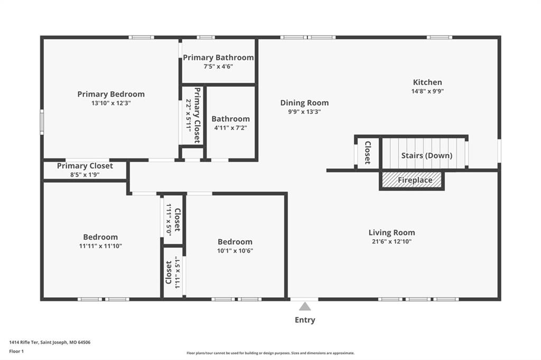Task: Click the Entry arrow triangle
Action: pyautogui.click(x=305, y=306)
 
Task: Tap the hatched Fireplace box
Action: pyautogui.click(x=412, y=180)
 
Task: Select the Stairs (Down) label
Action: pyautogui.click(x=427, y=156)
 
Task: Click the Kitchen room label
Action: pyautogui.click(x=427, y=82)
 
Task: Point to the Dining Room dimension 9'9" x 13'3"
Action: pyautogui.click(x=305, y=112)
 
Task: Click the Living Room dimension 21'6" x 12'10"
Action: pyautogui.click(x=391, y=241)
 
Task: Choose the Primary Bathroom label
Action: pyautogui.click(x=218, y=58)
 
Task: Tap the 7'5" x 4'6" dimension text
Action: pyautogui.click(x=218, y=67)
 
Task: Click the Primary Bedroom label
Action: pyautogui.click(x=111, y=94)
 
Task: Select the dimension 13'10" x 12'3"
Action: pyautogui.click(x=111, y=103)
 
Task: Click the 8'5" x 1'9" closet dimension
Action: pyautogui.click(x=85, y=175)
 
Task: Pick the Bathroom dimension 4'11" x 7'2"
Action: pyautogui.click(x=230, y=128)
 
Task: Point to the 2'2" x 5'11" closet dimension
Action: pyautogui.click(x=189, y=115)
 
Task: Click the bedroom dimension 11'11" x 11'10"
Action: pyautogui.click(x=100, y=246)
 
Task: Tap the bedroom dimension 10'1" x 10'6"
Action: pyautogui.click(x=235, y=251)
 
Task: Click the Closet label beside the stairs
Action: pyautogui.click(x=368, y=153)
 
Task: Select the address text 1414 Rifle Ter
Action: pyautogui.click(x=24, y=343)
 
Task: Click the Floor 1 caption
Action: pyautogui.click(x=16, y=352)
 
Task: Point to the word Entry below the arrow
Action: pyautogui.click(x=305, y=320)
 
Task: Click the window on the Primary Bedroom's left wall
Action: pyautogui.click(x=42, y=122)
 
